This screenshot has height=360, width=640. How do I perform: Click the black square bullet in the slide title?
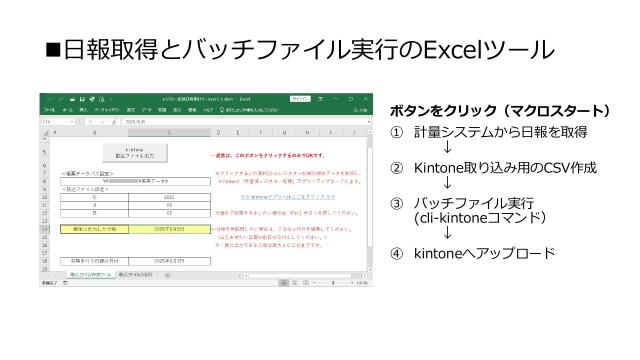(x=51, y=50)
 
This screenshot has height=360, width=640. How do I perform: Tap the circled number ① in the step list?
(x=396, y=132)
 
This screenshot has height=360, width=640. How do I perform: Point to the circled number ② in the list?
(x=396, y=170)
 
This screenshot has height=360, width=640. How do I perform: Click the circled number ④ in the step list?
(x=396, y=253)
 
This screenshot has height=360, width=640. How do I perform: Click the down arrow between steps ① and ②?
(x=446, y=150)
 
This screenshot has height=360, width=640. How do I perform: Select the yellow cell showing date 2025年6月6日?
(x=169, y=229)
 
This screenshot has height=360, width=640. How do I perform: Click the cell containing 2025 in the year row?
(x=169, y=197)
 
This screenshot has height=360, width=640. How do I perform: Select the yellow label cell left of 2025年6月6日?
(x=95, y=229)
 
